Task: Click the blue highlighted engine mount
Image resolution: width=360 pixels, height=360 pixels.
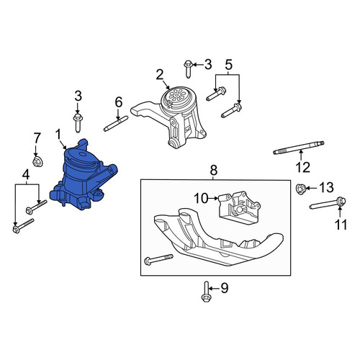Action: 81,178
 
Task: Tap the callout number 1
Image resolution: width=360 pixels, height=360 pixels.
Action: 58,135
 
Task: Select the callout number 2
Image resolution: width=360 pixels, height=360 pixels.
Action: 160,75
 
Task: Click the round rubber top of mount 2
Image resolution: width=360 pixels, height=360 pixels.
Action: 178,99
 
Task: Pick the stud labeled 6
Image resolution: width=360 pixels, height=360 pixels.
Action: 116,123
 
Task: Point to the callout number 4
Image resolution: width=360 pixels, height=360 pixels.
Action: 26,174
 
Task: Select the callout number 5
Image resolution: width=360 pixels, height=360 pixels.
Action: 228,65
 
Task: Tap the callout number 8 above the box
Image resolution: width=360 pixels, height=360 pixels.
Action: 213,170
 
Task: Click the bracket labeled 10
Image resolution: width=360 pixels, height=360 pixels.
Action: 239,207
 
